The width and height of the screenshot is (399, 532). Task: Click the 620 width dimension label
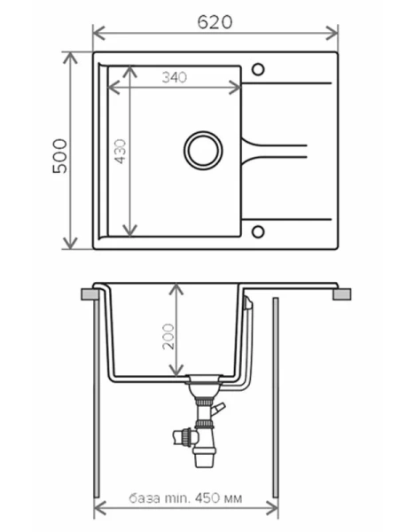pyautogui.click(x=215, y=22)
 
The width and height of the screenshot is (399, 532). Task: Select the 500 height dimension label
pyautogui.click(x=60, y=156)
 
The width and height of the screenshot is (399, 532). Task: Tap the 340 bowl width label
pyautogui.click(x=175, y=77)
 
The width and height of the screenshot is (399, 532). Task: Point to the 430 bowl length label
pyautogui.click(x=121, y=152)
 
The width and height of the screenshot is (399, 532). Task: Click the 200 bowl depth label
pyautogui.click(x=168, y=337)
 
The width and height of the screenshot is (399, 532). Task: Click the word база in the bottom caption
pyautogui.click(x=145, y=498)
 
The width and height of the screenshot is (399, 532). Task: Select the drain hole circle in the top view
pyautogui.click(x=203, y=151)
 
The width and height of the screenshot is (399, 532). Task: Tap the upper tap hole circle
pyautogui.click(x=258, y=69)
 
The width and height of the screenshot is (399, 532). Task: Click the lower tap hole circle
pyautogui.click(x=258, y=231)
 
